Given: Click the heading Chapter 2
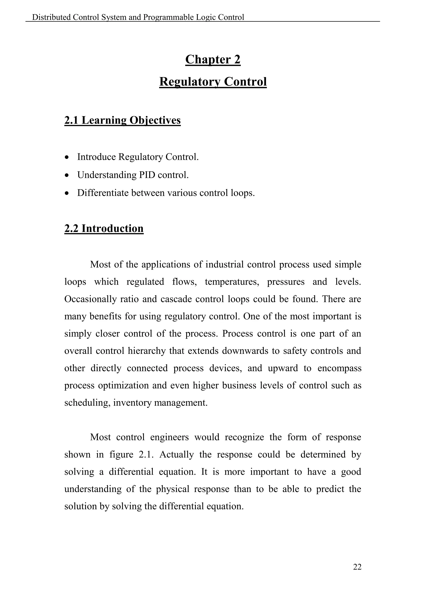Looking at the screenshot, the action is pos(213,59).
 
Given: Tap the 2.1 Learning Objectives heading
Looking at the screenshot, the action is pos(123,120).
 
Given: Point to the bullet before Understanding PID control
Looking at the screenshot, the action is pos(67,175).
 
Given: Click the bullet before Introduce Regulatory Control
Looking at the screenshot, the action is pos(67,157).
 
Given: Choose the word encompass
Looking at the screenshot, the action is pos(339,368).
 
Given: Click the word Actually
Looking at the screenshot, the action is pos(176,454).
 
